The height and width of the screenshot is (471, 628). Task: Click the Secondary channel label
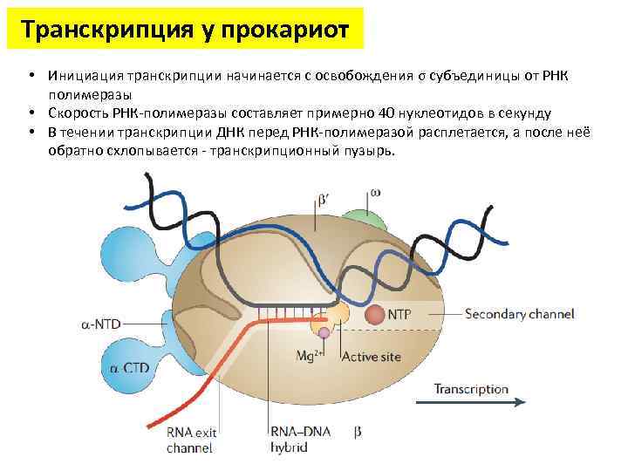click(x=520, y=313)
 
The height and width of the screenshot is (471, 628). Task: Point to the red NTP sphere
click(x=373, y=313)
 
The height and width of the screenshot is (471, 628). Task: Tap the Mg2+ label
click(x=311, y=356)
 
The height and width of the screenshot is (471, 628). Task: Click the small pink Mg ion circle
click(x=324, y=332)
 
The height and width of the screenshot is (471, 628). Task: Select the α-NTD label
click(x=103, y=324)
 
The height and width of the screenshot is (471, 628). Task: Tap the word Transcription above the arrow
click(x=471, y=388)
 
